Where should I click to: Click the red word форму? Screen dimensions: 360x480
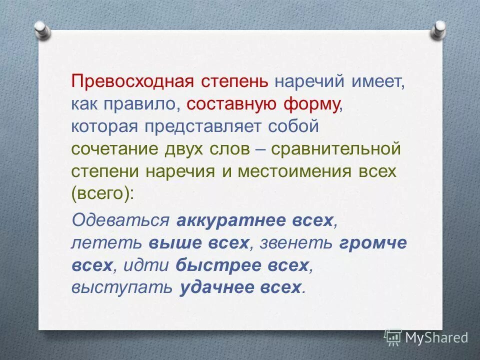point(312,103)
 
